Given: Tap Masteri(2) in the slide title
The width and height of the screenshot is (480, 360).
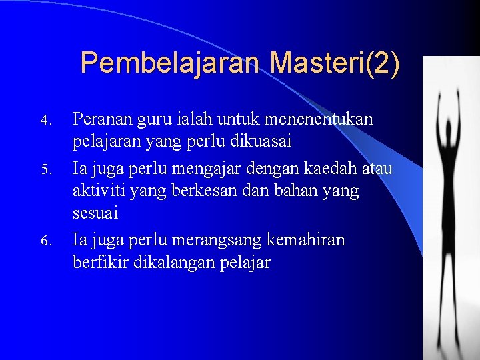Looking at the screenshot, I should pos(335,63).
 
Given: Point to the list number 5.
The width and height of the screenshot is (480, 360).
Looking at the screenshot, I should pos(45,169).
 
